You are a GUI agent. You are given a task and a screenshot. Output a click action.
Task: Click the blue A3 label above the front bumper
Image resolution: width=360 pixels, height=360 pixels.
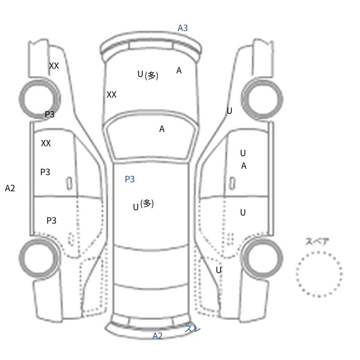point(183,28)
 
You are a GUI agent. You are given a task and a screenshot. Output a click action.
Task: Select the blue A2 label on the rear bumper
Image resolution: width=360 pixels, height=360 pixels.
point(157,336)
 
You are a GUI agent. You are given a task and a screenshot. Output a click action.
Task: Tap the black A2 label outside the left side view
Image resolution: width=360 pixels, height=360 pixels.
point(10,188)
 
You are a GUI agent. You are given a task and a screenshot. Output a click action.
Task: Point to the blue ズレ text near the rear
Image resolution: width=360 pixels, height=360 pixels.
point(193,328)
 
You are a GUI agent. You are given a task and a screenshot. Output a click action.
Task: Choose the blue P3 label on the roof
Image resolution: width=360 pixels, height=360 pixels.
point(130,179)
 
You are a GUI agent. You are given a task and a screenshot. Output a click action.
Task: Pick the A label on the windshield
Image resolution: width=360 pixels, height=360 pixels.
point(162,129)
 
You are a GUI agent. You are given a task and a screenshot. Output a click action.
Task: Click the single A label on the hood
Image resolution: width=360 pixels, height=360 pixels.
point(179,71)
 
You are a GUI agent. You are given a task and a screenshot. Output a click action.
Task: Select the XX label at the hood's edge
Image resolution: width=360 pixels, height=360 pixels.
point(112,94)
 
